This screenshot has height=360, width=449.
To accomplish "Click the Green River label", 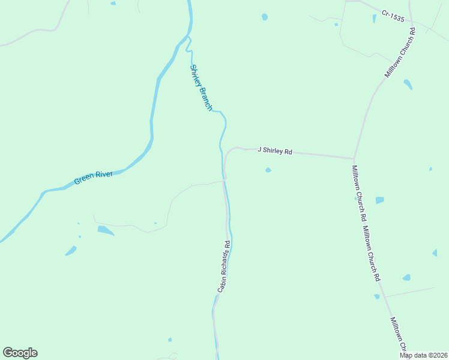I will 93,177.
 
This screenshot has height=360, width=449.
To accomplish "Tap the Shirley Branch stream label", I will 200,87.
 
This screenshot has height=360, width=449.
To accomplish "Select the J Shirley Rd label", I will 274,151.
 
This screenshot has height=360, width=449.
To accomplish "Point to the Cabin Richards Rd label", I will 224,266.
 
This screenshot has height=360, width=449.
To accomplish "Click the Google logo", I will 20,352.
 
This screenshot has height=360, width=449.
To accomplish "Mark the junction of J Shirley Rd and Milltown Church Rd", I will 353,158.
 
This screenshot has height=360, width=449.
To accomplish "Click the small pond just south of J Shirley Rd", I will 268,170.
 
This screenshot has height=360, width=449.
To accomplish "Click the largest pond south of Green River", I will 105,230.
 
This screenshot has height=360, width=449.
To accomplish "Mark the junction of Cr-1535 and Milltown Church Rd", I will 412,28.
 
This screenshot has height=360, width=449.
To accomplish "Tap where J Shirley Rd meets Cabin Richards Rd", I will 224,178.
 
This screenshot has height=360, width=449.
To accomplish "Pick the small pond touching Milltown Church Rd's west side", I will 377,296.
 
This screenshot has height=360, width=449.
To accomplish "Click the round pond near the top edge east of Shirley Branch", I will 265,17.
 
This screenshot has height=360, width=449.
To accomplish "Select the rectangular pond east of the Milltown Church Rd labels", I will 379,200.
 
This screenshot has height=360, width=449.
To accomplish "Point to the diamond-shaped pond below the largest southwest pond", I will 71,250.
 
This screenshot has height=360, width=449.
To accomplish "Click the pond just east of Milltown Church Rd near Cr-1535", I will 408,84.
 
